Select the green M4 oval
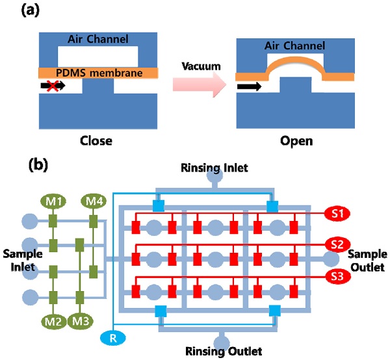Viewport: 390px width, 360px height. [94, 201]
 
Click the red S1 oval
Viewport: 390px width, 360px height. [337, 212]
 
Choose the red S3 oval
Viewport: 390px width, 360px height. [337, 276]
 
